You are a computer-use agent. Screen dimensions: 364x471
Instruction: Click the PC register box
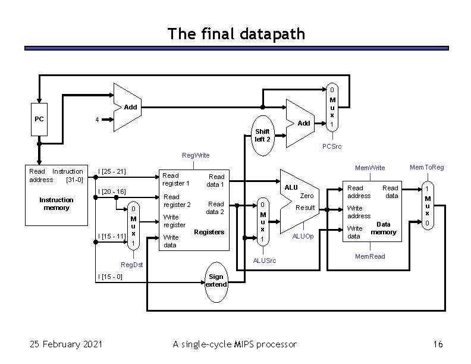(39, 119)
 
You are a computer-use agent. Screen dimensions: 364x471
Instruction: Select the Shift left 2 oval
(262, 136)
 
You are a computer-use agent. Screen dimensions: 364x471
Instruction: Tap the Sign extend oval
(216, 281)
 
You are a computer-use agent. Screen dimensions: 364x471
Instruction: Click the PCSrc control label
(331, 146)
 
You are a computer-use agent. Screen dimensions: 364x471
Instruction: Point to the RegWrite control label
(195, 156)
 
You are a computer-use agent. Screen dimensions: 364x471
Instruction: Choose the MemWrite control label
(369, 168)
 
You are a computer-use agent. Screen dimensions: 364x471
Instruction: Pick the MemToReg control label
(426, 168)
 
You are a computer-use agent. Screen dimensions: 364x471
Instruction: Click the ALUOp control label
(303, 237)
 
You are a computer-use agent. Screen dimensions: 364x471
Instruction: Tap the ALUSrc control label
(264, 261)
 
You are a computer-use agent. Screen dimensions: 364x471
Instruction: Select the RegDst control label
(131, 263)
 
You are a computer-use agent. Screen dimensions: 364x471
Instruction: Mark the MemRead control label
(369, 256)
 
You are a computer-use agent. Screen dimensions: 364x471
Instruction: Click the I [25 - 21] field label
(112, 172)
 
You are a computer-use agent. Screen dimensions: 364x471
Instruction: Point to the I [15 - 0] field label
(110, 277)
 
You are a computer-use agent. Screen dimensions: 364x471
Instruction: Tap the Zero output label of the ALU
(307, 196)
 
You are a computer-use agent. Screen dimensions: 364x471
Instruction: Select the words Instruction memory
(56, 203)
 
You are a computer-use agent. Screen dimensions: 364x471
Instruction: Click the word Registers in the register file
(209, 232)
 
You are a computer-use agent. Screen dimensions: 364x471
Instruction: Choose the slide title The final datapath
(236, 34)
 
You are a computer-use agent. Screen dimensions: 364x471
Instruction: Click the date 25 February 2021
(66, 344)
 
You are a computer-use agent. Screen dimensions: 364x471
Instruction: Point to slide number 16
(439, 344)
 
